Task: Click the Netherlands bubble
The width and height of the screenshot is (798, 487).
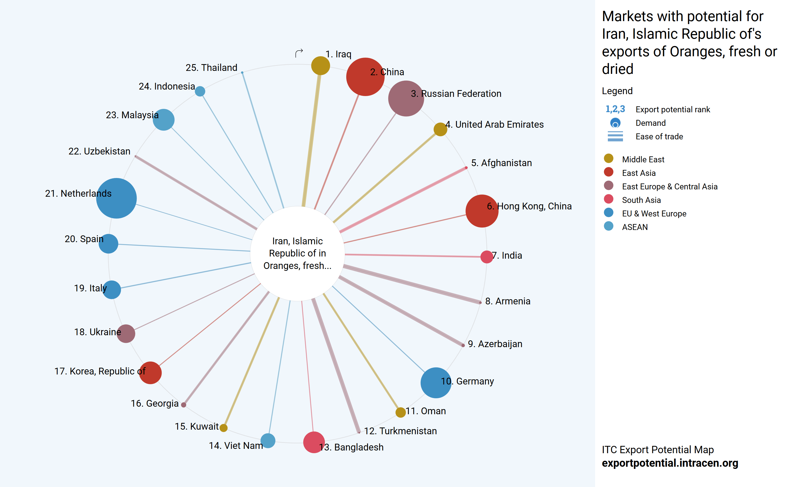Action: pos(116,198)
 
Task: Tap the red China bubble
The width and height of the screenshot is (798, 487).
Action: pos(365,77)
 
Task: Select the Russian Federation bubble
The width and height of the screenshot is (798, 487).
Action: pos(406,98)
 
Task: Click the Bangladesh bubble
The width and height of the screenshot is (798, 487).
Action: pos(314,442)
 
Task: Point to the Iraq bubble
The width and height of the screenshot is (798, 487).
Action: pos(320,65)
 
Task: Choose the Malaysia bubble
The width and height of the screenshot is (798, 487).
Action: pos(164,120)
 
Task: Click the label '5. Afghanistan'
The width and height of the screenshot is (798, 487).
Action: pos(501,163)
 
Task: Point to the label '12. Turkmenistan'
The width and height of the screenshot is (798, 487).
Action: pos(400,431)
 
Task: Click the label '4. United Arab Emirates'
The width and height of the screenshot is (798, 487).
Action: pos(494,124)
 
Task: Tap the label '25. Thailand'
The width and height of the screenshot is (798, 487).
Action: pos(211,67)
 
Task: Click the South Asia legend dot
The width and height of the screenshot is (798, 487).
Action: pos(609,199)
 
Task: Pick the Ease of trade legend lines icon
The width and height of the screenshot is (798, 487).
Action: pos(615,136)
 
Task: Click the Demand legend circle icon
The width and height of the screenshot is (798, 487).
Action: pos(615,123)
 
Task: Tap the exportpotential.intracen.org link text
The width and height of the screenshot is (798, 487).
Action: pos(670,463)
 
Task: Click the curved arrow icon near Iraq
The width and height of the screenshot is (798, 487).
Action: pos(299,53)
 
